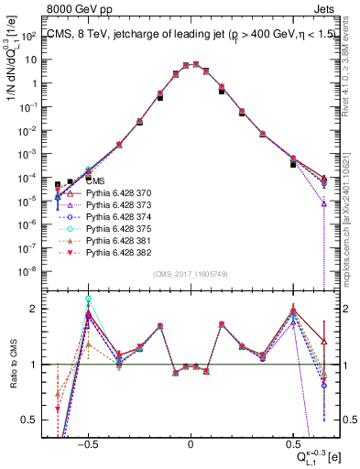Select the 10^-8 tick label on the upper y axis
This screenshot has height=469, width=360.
pyautogui.click(x=33, y=271)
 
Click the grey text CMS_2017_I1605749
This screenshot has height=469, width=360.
pyautogui.click(x=190, y=274)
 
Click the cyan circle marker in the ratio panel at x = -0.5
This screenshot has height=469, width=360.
pyautogui.click(x=88, y=299)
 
